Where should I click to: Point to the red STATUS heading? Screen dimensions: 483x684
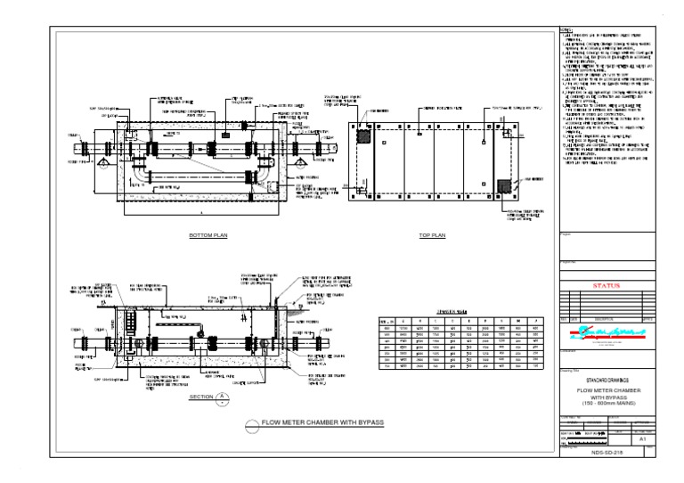click(605, 287)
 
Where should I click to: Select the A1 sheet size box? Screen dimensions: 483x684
click(642, 438)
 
